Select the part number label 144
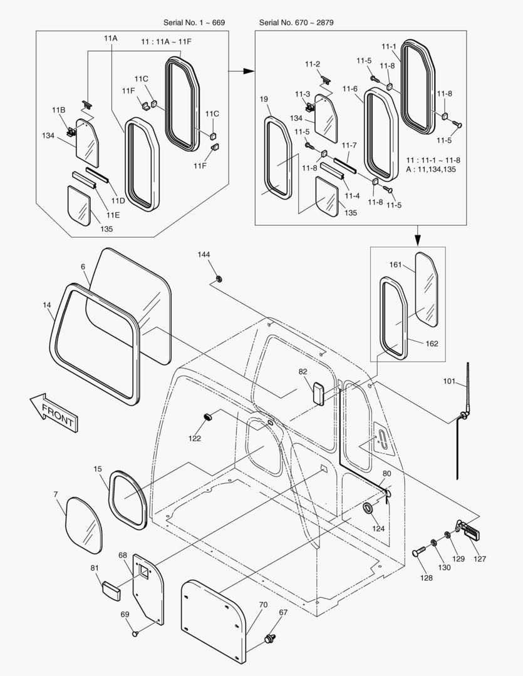(204, 255)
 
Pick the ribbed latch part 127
(471, 531)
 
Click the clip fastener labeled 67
(271, 638)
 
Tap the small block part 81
(111, 590)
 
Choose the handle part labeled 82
(318, 393)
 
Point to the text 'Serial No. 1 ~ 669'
(194, 23)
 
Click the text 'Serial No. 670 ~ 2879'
(296, 23)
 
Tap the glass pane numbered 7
(84, 525)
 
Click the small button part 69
(135, 635)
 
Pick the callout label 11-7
(349, 145)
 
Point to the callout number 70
(263, 605)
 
